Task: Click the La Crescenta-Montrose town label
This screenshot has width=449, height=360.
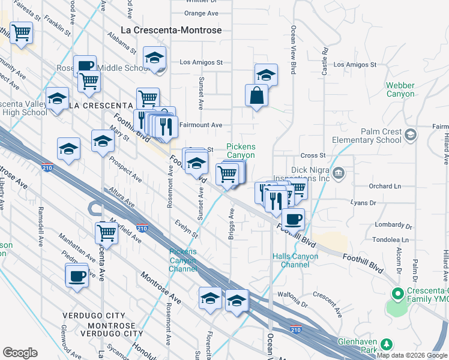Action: [171, 30]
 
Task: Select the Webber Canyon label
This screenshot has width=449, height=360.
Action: [400, 90]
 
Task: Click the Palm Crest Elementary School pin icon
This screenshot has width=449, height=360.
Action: [411, 133]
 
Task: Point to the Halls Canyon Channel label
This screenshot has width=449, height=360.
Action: [295, 260]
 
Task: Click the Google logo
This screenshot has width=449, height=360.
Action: [20, 353]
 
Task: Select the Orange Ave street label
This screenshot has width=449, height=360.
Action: [202, 13]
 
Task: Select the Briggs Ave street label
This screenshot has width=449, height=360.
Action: [231, 224]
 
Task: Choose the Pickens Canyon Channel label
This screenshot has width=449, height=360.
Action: [183, 260]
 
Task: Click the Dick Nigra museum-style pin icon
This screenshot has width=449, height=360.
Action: [339, 174]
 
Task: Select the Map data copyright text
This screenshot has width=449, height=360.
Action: [412, 355]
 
